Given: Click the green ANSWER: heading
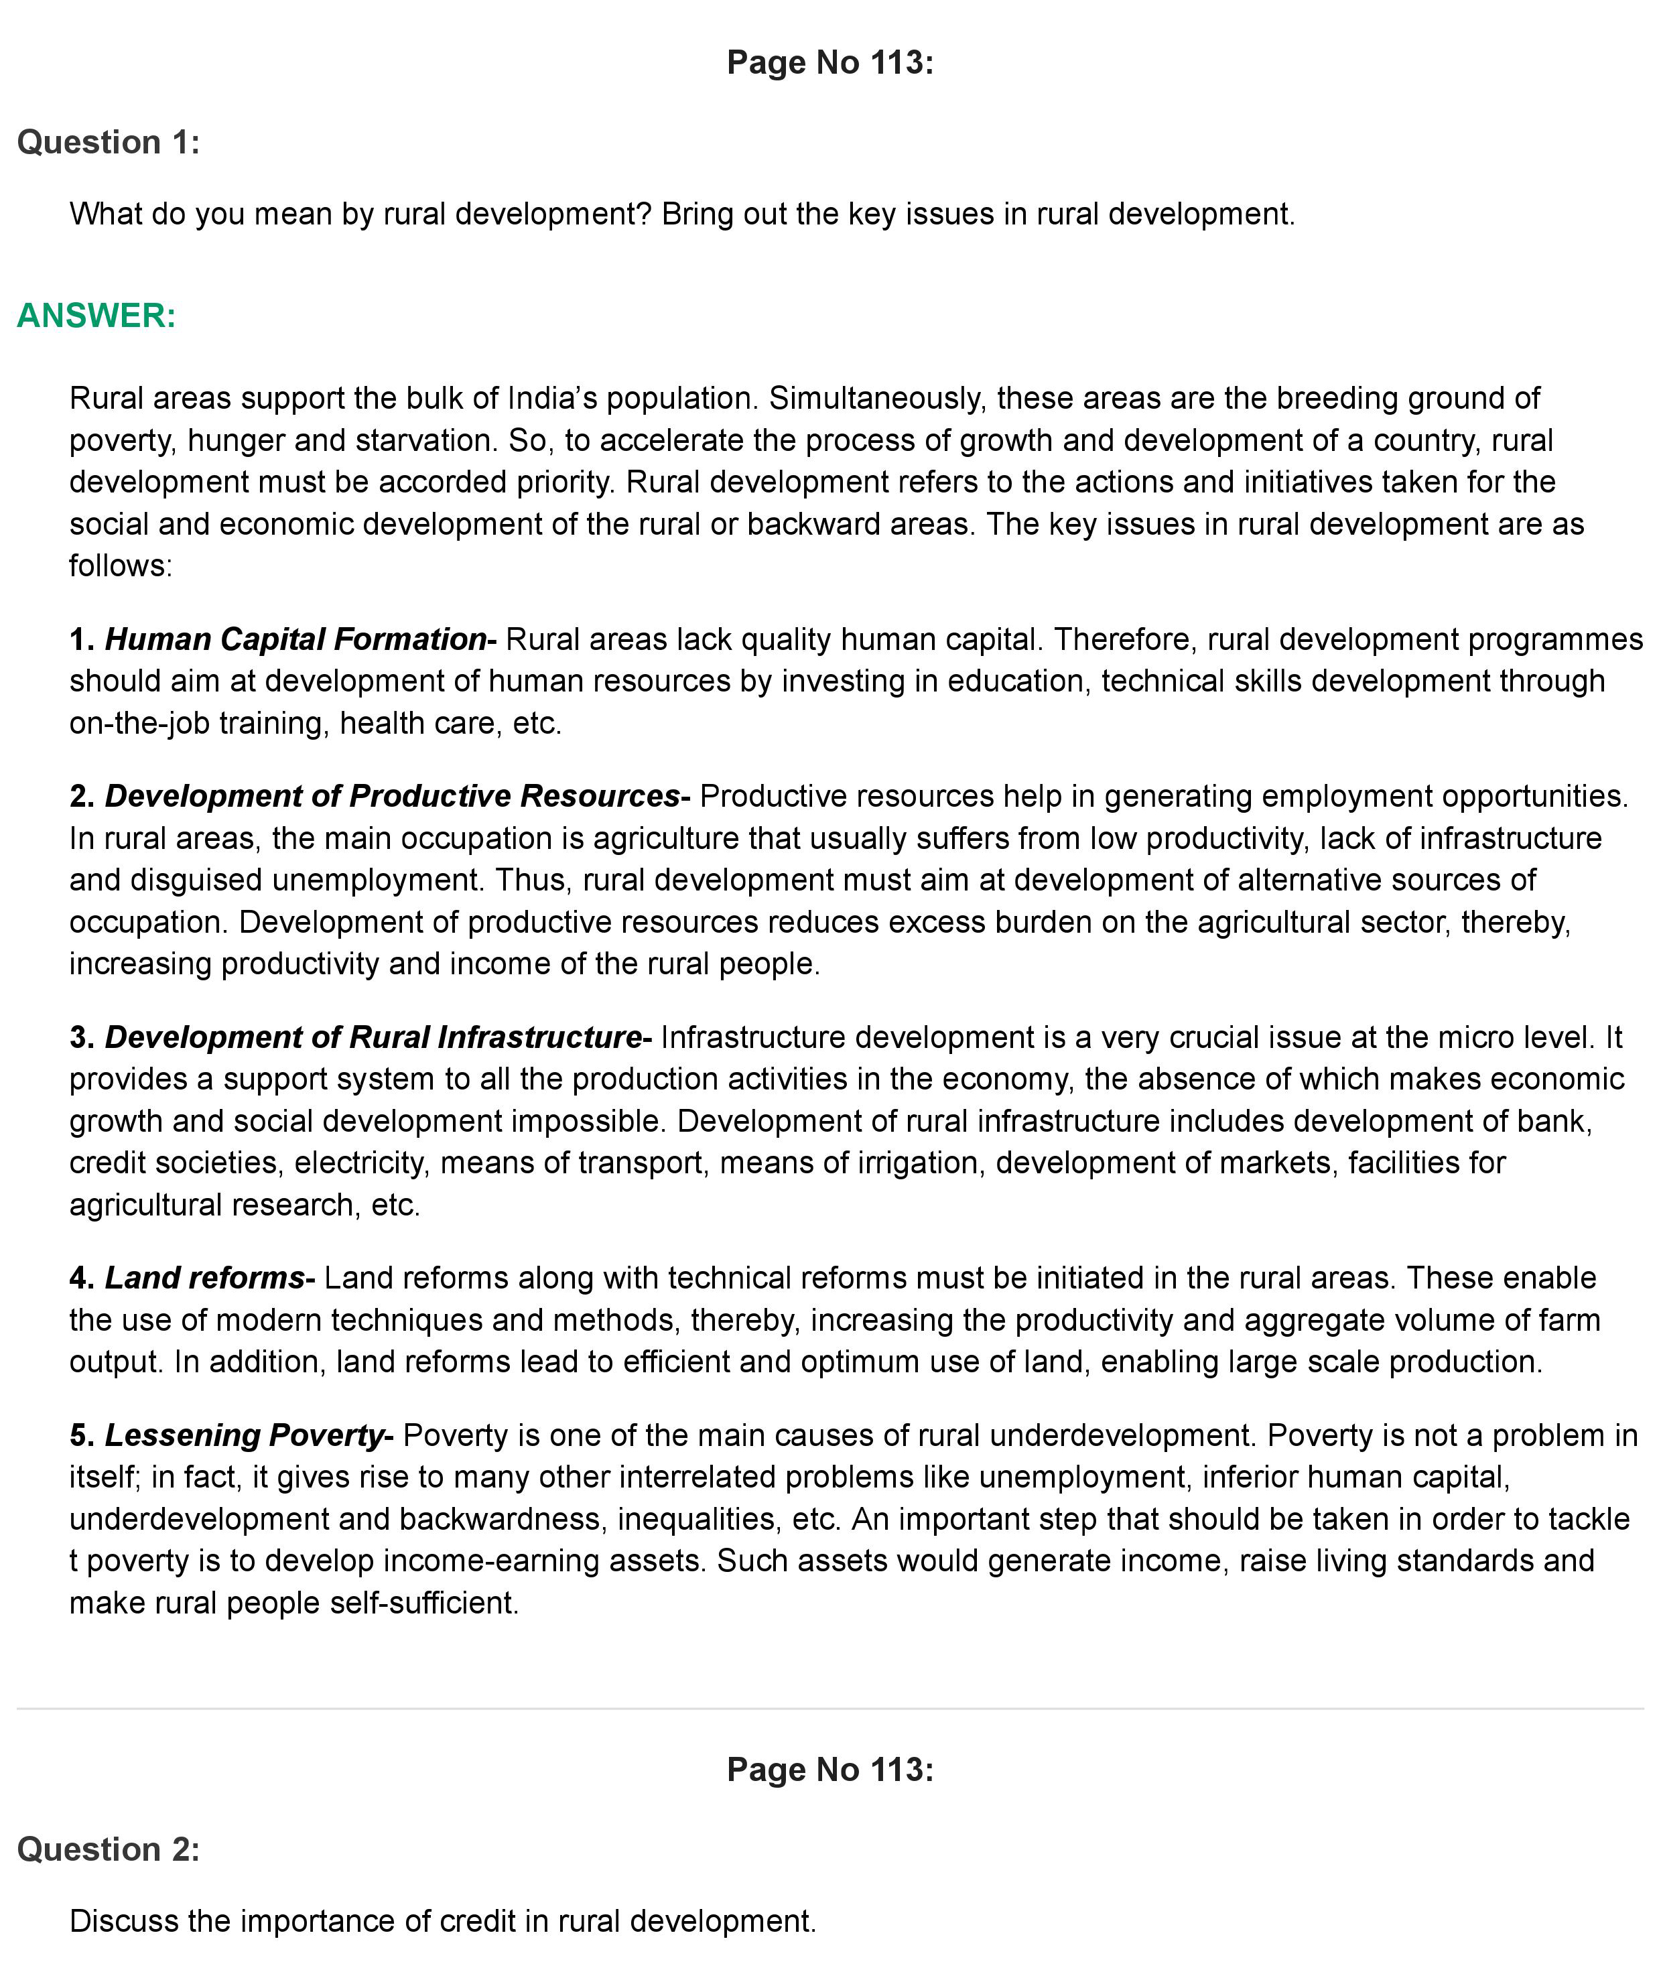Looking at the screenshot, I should [x=96, y=316].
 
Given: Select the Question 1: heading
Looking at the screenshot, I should [x=109, y=142].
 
